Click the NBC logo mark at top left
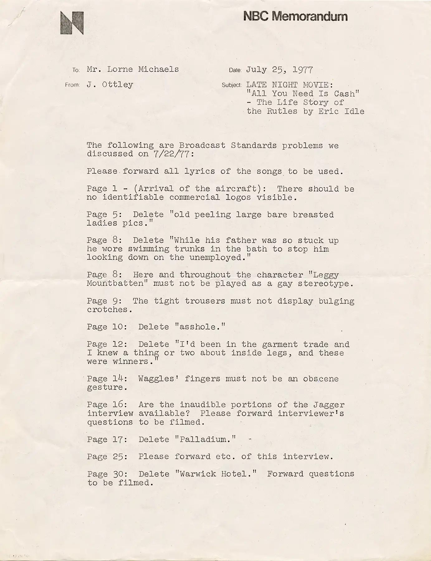[x=72, y=23]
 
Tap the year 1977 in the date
[x=303, y=70]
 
